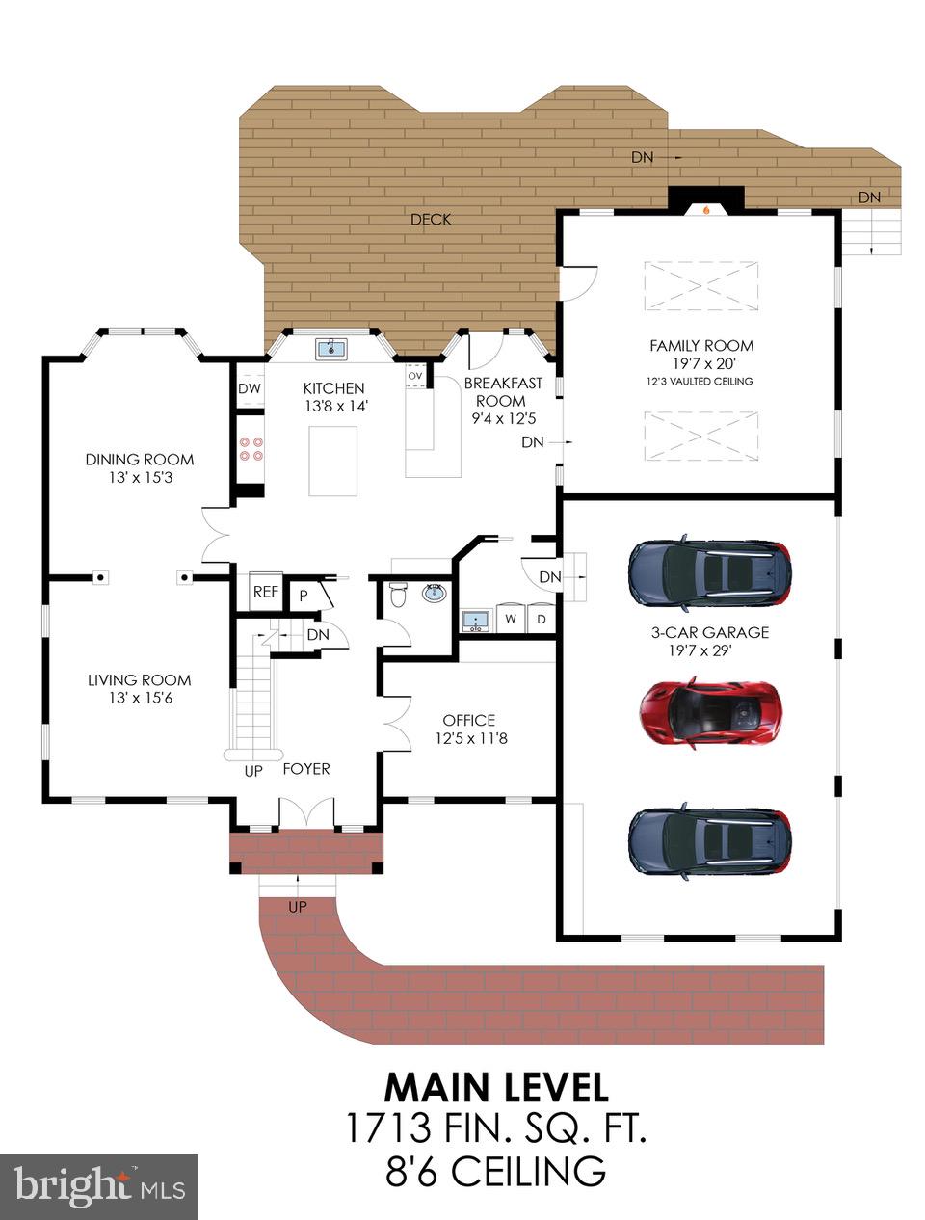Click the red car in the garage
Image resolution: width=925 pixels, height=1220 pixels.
[710, 712]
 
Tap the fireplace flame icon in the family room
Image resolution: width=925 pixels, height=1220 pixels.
[706, 208]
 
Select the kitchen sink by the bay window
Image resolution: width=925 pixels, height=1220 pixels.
[333, 348]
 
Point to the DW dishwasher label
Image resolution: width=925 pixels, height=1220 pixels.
[249, 388]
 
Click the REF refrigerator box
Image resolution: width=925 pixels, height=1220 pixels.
[265, 592]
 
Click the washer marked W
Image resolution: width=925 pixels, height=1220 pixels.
[511, 619]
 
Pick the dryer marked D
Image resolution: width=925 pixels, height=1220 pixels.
[542, 619]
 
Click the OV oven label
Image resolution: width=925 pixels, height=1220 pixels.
[415, 376]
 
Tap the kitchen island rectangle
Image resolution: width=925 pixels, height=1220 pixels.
[333, 460]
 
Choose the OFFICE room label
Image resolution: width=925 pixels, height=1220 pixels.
[469, 720]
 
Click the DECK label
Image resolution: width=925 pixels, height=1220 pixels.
[431, 219]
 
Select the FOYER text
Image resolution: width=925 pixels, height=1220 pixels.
[306, 769]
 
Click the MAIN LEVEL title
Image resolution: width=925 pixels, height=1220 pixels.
[496, 1087]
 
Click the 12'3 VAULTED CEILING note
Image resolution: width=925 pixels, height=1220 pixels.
[700, 382]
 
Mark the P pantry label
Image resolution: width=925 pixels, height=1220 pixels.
[303, 596]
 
